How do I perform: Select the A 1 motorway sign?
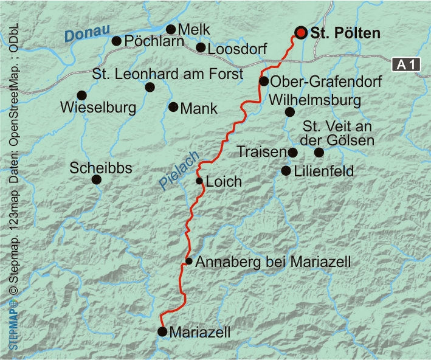pos(406,64)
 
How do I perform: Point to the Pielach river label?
pos(174,176)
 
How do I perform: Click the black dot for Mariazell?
pos(162,331)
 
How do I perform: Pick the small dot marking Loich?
pos(199,181)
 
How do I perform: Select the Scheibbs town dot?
pos(96,179)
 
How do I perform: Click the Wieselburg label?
pos(97,109)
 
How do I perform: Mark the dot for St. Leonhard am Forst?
pos(150,88)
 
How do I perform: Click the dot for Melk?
pos(171,29)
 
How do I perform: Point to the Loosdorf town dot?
pos(201,47)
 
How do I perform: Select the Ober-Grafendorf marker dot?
pos(264,81)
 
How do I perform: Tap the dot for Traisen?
pos(292,153)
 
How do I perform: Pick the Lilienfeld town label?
pos(323,171)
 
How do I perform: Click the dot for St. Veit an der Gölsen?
pos(319,152)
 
